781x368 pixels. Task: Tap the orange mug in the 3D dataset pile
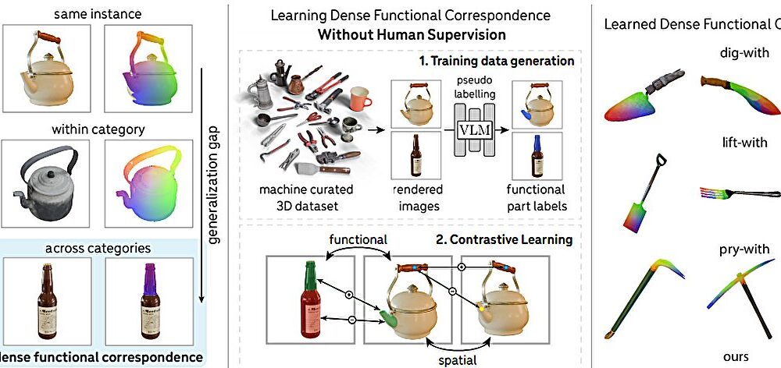point(360,98)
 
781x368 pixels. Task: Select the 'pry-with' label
point(736,249)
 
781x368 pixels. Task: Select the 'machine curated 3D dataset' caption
point(311,197)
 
